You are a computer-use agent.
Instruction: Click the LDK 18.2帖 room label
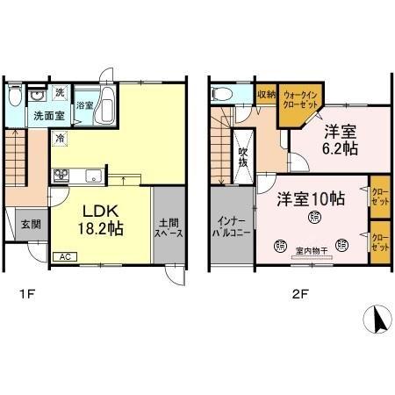pyautogui.click(x=103, y=220)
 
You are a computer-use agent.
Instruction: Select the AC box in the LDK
pyautogui.click(x=66, y=256)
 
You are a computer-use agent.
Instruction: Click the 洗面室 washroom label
pyautogui.click(x=48, y=114)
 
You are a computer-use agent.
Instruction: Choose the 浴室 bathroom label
pyautogui.click(x=85, y=104)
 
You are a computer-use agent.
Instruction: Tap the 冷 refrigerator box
pyautogui.click(x=61, y=138)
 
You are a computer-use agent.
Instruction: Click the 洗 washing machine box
pyautogui.click(x=60, y=92)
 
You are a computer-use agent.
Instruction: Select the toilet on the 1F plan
pyautogui.click(x=16, y=96)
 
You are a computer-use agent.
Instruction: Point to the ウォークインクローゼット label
pyautogui.click(x=299, y=100)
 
